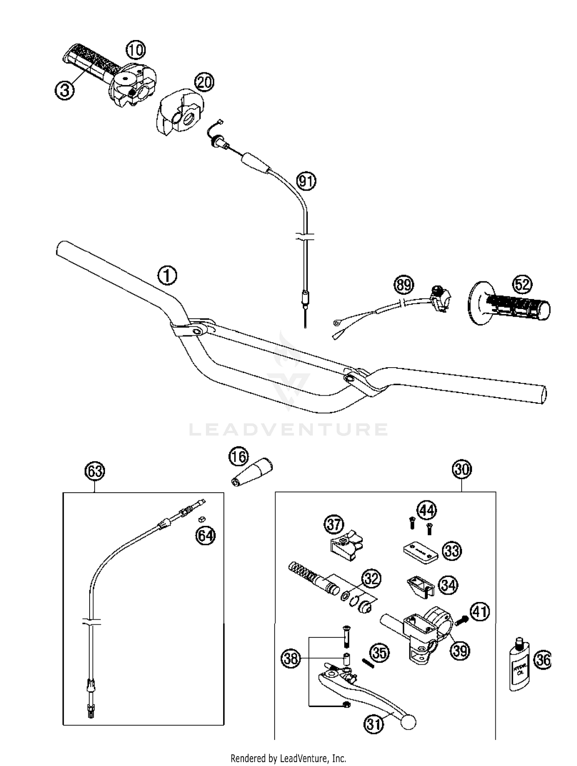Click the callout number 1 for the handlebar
pos(167,276)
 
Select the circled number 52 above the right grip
pos(522,284)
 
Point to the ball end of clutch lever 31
pos(408,722)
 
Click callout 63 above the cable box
pos(95,471)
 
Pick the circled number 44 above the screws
pos(427,510)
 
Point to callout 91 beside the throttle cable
pos(307,181)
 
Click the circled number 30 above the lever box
pos(462,469)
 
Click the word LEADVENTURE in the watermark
pos(288,429)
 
